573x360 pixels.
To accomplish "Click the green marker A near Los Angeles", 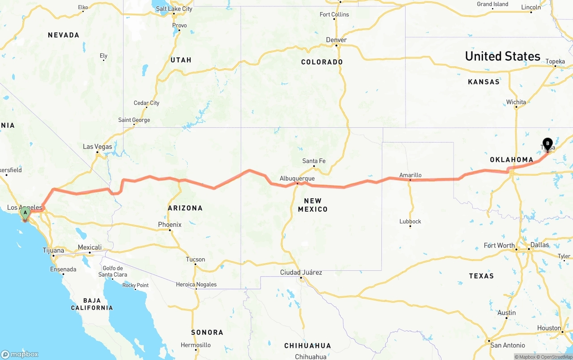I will click(x=25, y=212).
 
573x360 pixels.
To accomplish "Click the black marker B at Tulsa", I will click(x=547, y=144).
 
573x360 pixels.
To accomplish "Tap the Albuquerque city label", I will click(x=297, y=178).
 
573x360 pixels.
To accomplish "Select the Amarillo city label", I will click(x=410, y=175).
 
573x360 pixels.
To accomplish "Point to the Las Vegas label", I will click(x=98, y=147).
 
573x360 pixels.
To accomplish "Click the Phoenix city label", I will click(x=170, y=225).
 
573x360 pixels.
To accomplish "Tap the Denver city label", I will click(x=336, y=40).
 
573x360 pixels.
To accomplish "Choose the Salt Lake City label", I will click(x=174, y=9).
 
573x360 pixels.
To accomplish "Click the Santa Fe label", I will click(x=314, y=161).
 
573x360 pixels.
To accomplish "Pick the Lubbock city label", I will click(x=410, y=221).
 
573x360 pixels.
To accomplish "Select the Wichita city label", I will click(x=516, y=102).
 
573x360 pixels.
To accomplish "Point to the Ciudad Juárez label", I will click(x=301, y=273).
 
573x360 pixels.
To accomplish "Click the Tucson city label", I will click(x=195, y=260).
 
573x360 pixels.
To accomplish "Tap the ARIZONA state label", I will click(x=185, y=208).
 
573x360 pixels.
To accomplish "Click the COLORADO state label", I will click(x=322, y=62).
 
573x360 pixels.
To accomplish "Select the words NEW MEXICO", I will click(x=312, y=205).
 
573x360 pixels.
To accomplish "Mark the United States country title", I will click(x=502, y=56).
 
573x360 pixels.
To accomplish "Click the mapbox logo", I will click(x=20, y=354).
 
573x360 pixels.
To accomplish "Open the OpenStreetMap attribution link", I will click(x=556, y=357).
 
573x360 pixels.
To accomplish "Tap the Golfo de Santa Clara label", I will click(x=112, y=271).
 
